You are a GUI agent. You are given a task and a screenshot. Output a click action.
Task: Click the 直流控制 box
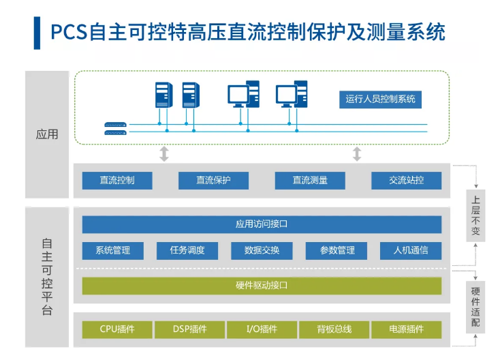tap(116, 181)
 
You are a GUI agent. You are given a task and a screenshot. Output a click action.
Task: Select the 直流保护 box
tap(213, 181)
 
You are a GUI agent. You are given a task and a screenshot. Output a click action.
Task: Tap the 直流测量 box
tap(310, 181)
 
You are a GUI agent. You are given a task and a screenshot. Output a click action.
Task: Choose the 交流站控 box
tap(406, 181)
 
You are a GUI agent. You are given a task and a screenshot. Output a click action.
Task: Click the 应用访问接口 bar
tap(262, 224)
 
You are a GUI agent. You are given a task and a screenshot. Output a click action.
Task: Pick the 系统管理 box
tap(112, 250)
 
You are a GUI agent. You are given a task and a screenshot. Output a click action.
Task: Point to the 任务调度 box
tap(187, 250)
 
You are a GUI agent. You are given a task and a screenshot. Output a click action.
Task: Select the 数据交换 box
tap(262, 250)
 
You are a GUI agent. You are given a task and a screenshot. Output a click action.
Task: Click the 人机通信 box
tap(411, 250)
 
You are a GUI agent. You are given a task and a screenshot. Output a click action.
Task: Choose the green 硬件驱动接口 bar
tap(262, 286)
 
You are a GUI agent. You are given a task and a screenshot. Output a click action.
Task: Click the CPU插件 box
tap(116, 329)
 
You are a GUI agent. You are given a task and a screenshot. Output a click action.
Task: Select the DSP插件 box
tap(189, 329)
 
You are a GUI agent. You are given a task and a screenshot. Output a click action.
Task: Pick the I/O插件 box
tap(262, 329)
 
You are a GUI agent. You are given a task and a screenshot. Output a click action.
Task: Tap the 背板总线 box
tap(334, 329)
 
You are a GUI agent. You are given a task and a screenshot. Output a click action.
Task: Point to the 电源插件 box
tap(407, 329)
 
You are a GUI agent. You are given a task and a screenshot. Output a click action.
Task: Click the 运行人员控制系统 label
tap(379, 99)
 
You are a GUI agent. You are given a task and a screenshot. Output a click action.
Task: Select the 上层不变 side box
tap(475, 216)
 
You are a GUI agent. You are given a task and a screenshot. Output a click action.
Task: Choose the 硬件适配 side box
tap(475, 307)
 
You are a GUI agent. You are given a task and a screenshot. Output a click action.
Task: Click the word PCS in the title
tap(67, 31)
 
